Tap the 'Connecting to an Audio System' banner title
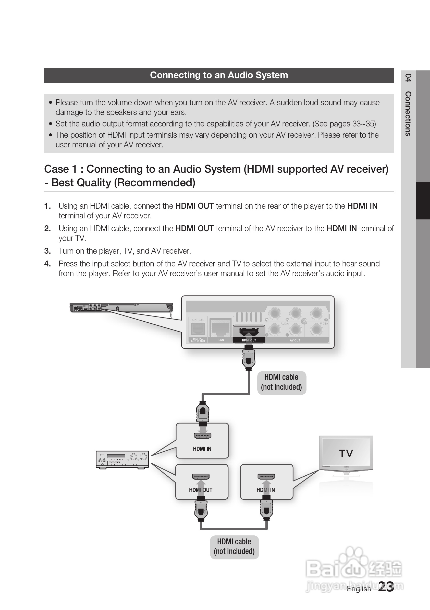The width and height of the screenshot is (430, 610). point(219,75)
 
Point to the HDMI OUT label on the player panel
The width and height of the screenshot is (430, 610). point(249,340)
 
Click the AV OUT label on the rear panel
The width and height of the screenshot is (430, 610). point(295,340)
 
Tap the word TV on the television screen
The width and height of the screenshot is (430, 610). point(346,453)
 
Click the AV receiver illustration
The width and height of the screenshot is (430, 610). point(122,460)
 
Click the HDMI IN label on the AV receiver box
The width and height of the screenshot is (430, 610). point(202,449)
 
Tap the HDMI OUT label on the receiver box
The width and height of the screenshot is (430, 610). point(201,490)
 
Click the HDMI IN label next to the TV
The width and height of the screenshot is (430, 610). point(266,490)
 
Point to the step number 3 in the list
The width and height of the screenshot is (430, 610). point(47,251)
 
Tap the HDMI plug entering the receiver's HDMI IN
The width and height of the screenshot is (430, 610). point(203,412)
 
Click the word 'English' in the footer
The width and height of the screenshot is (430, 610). point(359,589)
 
